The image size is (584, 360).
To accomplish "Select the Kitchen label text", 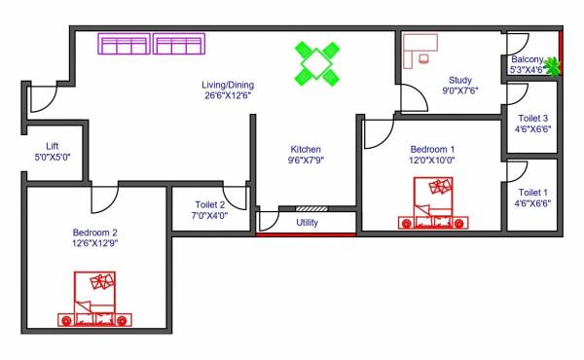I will coord(306,148).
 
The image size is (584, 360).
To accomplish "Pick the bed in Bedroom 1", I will coord(432,204).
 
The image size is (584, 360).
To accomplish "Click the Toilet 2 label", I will coord(208,204).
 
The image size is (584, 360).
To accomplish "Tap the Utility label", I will coord(307,222).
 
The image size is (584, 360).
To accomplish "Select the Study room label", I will coord(460,81).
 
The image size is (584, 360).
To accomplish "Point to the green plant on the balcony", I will coord(554,66).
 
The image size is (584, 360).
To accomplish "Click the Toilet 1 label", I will coord(532,193).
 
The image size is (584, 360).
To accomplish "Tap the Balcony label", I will coord(527,59).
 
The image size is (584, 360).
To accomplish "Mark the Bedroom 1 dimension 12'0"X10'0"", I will coord(432,161).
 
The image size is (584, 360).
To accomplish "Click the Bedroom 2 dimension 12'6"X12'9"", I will coord(95,244).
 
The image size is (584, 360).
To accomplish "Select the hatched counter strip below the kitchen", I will coord(310,208).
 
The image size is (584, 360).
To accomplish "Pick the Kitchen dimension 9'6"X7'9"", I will coord(306,160).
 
